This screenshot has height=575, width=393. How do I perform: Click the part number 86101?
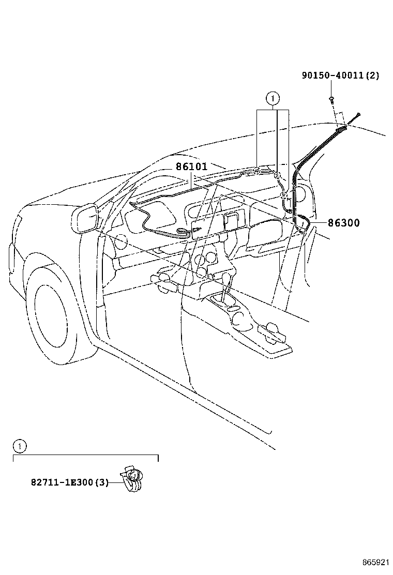coord(191,167)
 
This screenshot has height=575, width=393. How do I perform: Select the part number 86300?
coord(344,223)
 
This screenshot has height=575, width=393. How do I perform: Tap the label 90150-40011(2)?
coord(340,75)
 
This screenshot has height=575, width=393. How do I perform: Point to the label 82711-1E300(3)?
coord(69,482)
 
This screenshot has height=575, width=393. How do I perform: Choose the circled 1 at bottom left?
coord(19,445)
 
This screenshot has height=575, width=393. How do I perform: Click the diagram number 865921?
coord(375,562)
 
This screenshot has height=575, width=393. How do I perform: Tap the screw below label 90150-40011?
coord(331,98)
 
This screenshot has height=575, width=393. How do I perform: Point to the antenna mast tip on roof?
coord(358,114)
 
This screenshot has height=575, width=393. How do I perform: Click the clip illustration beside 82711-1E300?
coord(132,478)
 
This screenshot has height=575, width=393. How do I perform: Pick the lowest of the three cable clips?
coord(284,195)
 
